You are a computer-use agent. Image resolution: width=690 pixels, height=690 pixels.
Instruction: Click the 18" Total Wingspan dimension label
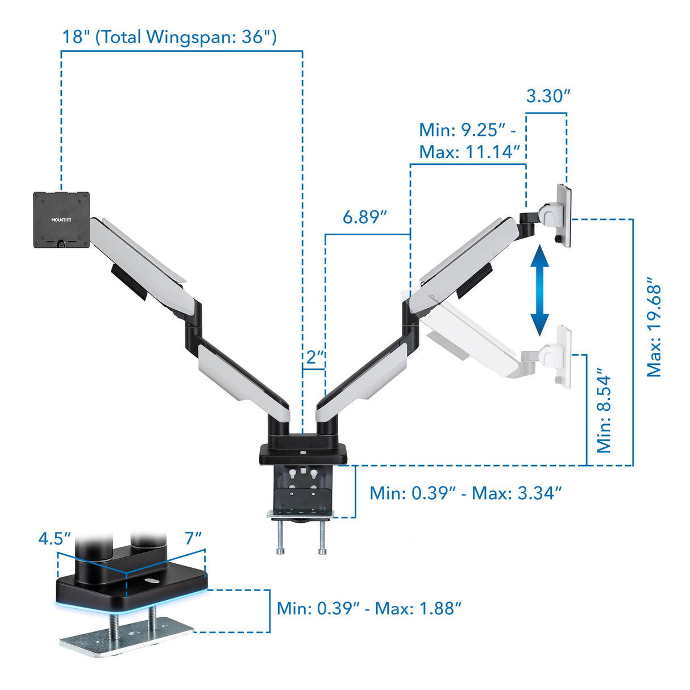pos(169,37)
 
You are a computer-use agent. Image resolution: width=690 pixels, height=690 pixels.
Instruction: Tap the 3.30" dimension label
pos(547,96)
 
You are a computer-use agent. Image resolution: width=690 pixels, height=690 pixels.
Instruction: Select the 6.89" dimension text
pos(364,217)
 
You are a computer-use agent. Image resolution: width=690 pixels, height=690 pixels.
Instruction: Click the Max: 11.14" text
pos(469,152)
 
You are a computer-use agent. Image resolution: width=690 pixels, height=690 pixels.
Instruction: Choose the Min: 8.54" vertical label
pos(604,414)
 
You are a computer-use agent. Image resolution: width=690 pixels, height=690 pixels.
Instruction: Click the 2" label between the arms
pos(314,358)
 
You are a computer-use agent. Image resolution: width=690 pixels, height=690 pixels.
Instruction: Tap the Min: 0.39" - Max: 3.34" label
pos(465,493)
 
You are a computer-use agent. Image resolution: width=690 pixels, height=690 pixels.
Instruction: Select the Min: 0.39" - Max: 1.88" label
pos(369,609)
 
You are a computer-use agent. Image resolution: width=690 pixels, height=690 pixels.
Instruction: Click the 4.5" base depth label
pos(54,538)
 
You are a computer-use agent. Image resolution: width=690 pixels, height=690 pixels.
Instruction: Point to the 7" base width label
pos(193,538)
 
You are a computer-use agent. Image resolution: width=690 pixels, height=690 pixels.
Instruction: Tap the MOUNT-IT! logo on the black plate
pos(61,220)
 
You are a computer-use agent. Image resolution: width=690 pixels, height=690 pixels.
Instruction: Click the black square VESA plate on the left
pos(61,220)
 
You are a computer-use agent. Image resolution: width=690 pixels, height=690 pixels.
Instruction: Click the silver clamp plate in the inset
pos(126,637)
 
